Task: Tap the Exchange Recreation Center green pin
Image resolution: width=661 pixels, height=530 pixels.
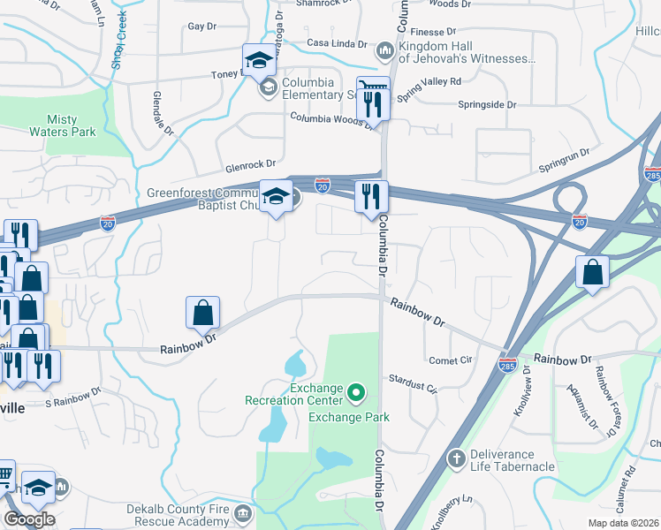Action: (356, 390)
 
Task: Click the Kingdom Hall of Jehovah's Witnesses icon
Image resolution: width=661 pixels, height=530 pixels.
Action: (385, 49)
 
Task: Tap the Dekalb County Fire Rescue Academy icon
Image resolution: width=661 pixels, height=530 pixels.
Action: (243, 512)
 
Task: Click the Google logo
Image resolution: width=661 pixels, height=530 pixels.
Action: (28, 519)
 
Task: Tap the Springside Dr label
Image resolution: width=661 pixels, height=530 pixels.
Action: (487, 104)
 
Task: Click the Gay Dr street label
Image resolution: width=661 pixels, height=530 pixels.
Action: (201, 26)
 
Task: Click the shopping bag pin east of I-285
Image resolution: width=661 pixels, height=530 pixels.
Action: (592, 273)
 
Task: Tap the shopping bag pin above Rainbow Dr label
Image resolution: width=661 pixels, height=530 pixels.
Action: (203, 312)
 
